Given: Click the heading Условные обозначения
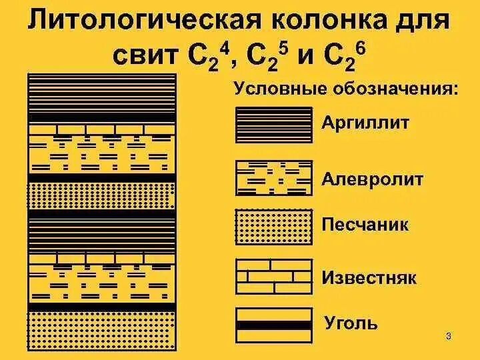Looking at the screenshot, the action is [345, 89].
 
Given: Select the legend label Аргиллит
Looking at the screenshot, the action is [365, 123].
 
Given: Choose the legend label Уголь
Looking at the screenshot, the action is [351, 324].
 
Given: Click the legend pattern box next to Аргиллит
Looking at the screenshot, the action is [274, 125].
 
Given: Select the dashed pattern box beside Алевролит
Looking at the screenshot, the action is [274, 178].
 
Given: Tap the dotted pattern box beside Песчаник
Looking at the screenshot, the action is [274, 228].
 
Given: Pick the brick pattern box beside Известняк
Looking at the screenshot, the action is [274, 277].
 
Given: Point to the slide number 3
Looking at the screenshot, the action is [449, 335].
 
